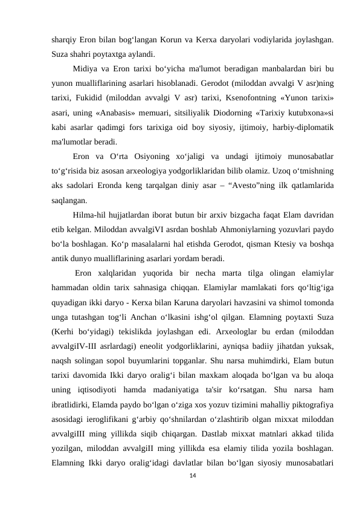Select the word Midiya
[x=85, y=68]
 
